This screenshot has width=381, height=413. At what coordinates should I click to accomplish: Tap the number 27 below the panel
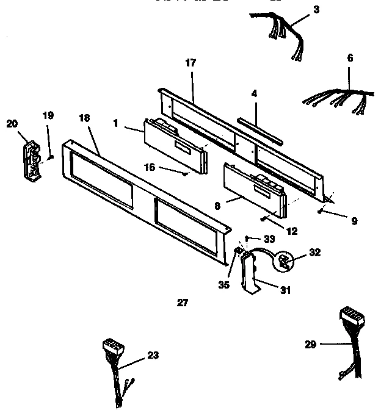[183, 301]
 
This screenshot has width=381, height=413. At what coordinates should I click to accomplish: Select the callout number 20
[12, 123]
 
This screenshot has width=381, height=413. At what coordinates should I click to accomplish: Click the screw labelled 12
[263, 220]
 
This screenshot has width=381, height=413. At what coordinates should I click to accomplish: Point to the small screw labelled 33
[247, 238]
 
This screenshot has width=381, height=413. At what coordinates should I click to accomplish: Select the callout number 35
[225, 284]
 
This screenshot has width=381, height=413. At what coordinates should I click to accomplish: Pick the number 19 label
[48, 115]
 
